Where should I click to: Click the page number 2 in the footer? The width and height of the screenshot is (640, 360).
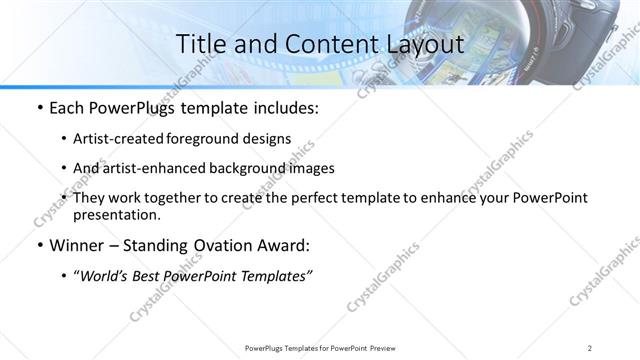click(x=590, y=347)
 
